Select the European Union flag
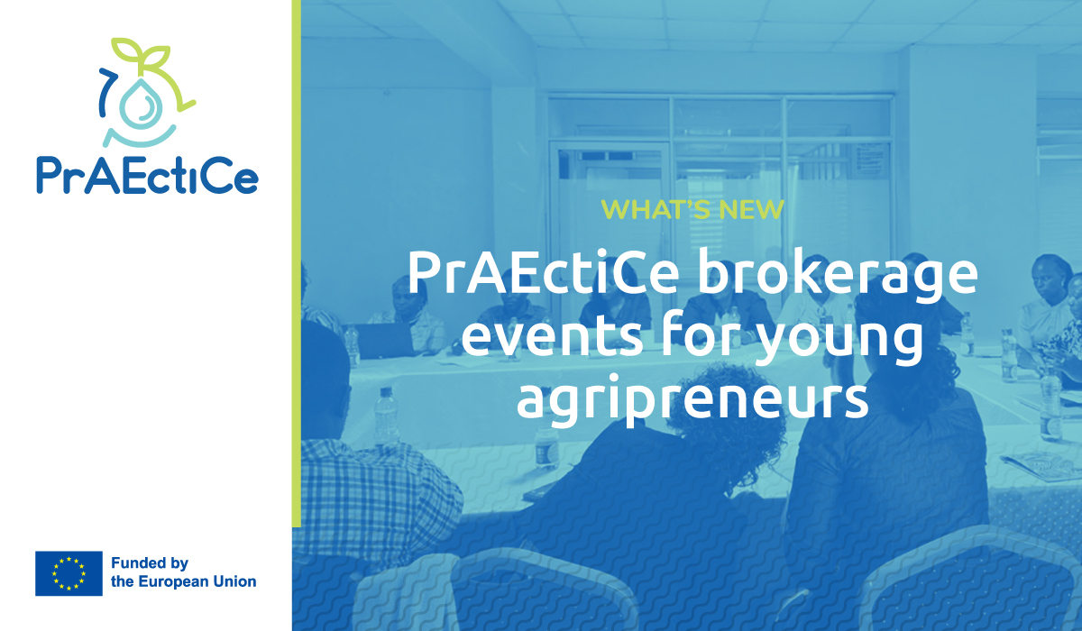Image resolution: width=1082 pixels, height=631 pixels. (69, 573)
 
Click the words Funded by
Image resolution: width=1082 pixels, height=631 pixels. (149, 563)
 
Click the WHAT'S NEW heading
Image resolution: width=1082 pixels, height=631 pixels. (692, 209)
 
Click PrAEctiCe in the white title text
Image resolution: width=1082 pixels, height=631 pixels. (541, 274)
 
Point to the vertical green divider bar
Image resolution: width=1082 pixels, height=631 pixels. (296, 261)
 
